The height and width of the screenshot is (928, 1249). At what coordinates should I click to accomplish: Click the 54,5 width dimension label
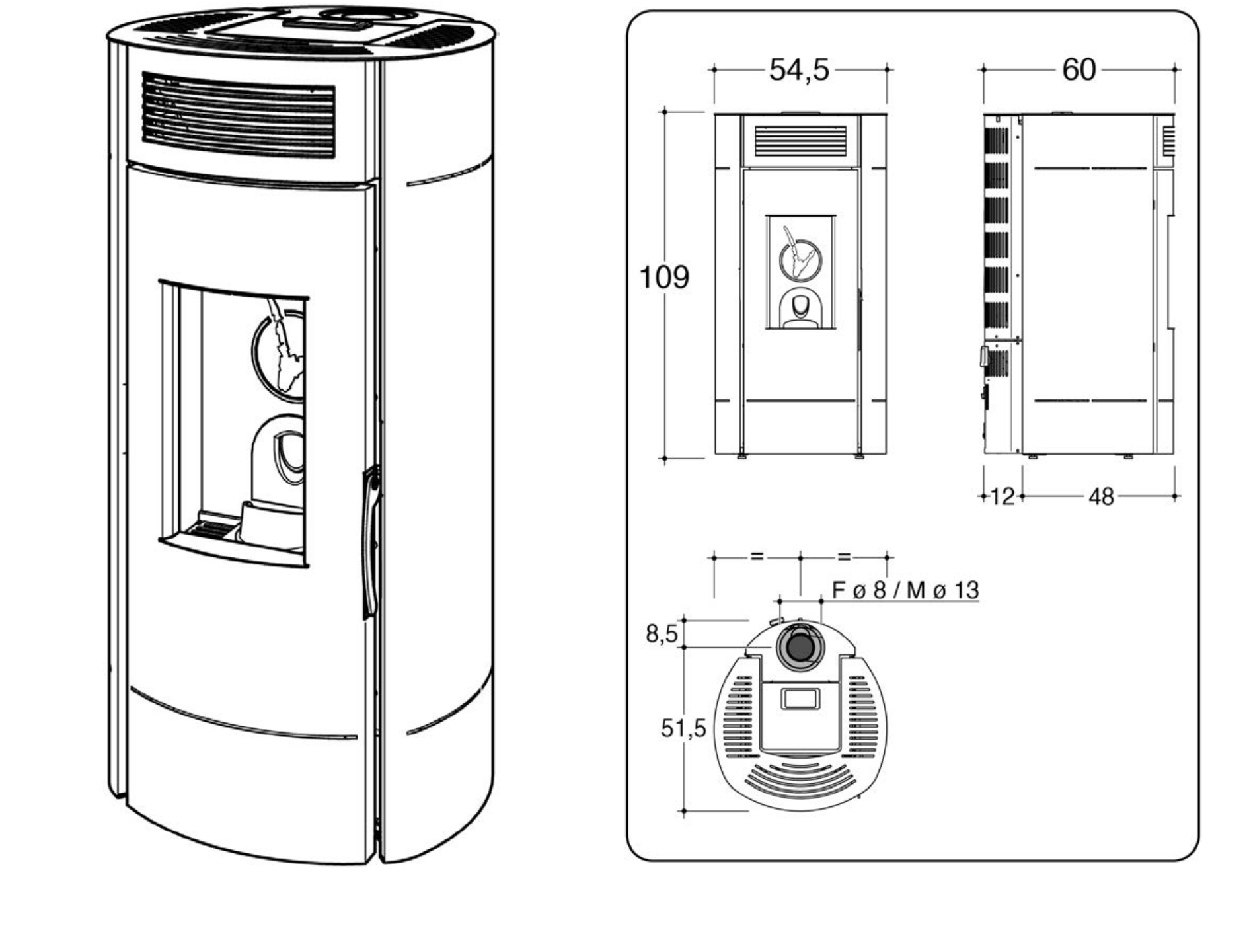click(x=798, y=69)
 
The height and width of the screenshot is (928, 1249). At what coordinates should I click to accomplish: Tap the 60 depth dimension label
click(x=1079, y=69)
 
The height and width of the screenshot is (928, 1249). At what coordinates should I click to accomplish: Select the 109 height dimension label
click(x=664, y=277)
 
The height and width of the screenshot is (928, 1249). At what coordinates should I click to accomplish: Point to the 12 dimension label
click(x=1003, y=496)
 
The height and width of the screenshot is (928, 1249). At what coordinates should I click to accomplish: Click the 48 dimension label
click(x=1101, y=496)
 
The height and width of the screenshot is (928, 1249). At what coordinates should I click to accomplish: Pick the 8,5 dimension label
click(x=662, y=634)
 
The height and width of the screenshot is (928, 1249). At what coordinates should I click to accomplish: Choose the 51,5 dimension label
click(x=683, y=728)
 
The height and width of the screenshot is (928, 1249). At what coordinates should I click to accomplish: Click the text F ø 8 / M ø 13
click(x=905, y=590)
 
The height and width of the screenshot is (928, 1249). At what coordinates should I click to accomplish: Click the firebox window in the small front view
click(x=800, y=272)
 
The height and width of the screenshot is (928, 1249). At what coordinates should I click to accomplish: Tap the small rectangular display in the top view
click(x=800, y=699)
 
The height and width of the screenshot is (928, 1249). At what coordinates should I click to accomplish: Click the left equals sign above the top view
click(x=757, y=557)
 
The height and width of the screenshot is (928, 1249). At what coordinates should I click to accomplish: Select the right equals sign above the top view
click(x=844, y=557)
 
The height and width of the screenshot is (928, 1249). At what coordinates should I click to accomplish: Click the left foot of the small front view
click(x=742, y=455)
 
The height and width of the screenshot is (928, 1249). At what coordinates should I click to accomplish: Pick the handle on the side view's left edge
click(x=983, y=356)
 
